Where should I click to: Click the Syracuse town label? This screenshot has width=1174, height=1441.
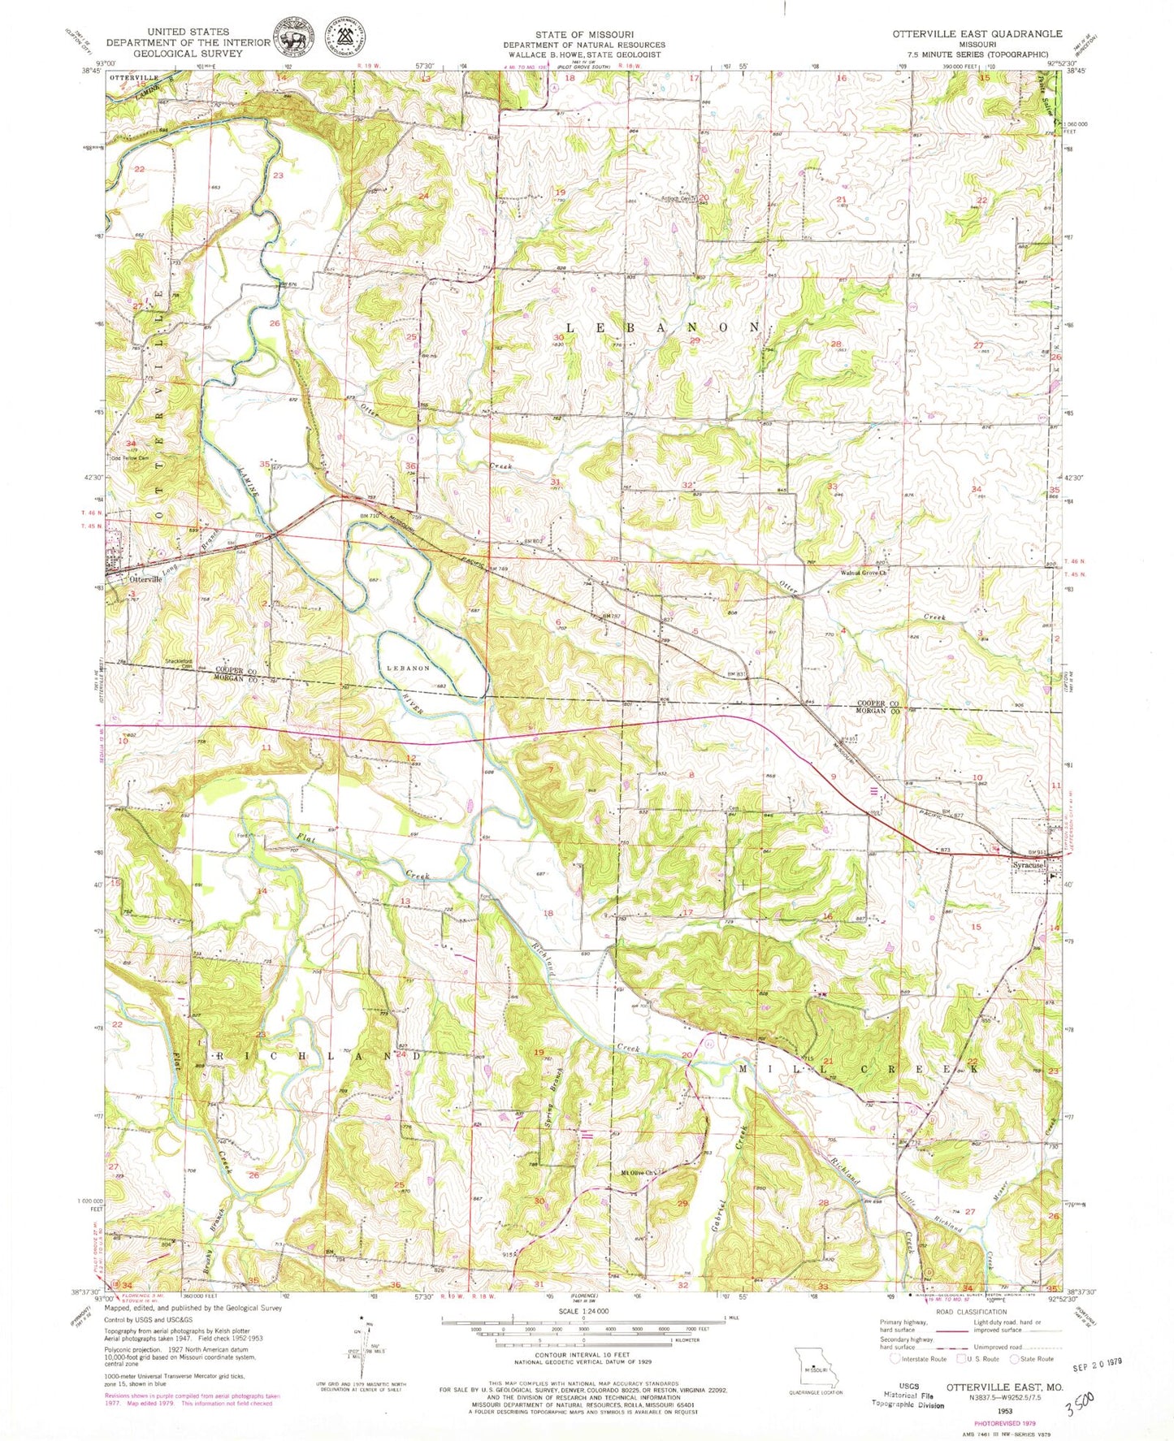(x=1028, y=866)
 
